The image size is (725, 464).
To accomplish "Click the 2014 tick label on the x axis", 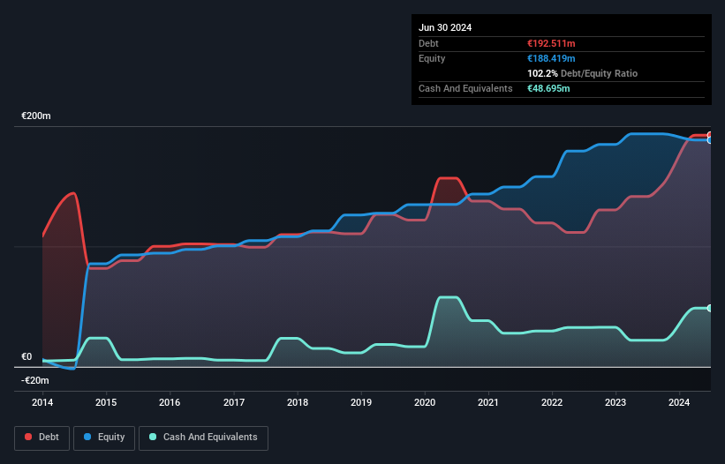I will (x=42, y=402).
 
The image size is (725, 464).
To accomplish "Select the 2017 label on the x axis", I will (x=234, y=402).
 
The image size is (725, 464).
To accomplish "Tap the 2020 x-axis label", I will (x=426, y=402).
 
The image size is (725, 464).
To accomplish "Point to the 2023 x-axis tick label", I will (x=616, y=402).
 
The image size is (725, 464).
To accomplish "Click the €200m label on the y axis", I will (x=36, y=116).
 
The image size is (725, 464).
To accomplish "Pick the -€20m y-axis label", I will (x=35, y=381).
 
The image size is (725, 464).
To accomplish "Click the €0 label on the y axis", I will (x=26, y=357).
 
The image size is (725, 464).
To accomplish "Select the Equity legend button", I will (x=104, y=437).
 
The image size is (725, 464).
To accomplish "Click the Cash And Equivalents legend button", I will (x=203, y=437).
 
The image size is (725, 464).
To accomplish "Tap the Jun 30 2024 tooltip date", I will (x=445, y=27).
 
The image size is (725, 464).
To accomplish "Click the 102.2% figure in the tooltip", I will (x=541, y=73).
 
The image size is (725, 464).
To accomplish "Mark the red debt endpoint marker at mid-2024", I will (x=710, y=135).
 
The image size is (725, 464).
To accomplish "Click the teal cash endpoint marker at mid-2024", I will (x=710, y=308).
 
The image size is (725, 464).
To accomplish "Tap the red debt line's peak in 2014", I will (x=74, y=193).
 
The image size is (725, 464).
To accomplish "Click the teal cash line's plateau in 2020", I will (x=449, y=297).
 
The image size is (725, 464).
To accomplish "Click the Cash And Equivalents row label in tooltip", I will (x=465, y=88).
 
